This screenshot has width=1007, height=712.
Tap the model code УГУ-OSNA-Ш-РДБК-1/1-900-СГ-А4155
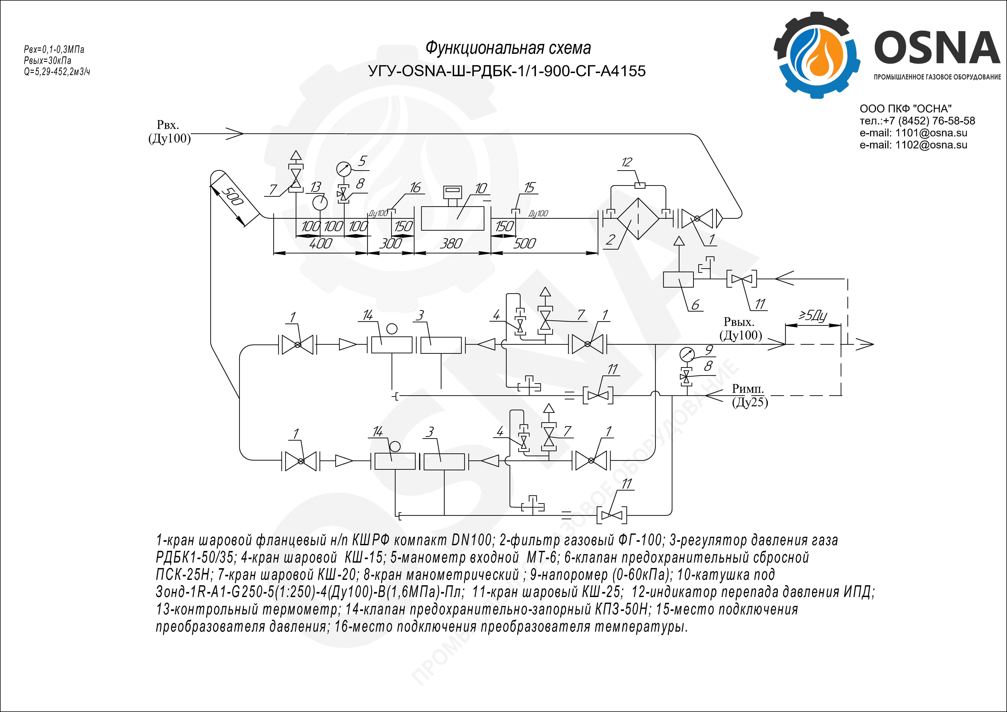point(507,71)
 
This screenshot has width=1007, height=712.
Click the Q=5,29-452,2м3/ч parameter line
point(57,71)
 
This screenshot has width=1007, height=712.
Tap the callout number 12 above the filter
point(627,162)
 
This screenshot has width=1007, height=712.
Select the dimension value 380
point(451,243)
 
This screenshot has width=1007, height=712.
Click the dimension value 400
point(321,243)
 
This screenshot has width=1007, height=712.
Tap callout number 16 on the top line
point(415,188)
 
